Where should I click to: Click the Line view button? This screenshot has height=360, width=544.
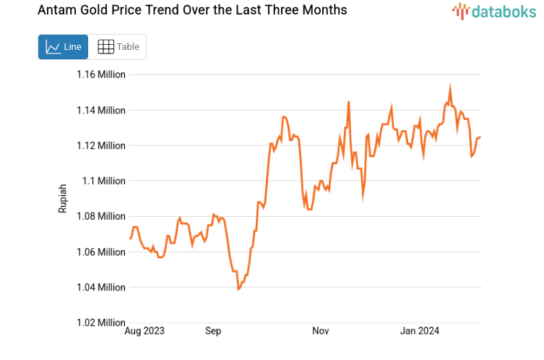(x=63, y=47)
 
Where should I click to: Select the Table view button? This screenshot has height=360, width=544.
(x=118, y=47)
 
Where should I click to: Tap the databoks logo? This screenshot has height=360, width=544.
(x=493, y=11)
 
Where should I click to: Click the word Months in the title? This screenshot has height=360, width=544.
(x=323, y=10)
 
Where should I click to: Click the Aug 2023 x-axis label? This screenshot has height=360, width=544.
(x=144, y=331)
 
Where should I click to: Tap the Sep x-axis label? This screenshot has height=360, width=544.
(x=213, y=331)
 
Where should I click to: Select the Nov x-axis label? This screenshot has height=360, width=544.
(x=321, y=331)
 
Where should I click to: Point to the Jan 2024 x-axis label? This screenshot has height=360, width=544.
(x=420, y=331)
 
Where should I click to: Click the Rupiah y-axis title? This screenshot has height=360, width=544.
(x=63, y=198)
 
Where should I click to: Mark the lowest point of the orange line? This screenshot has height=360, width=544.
(x=238, y=289)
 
